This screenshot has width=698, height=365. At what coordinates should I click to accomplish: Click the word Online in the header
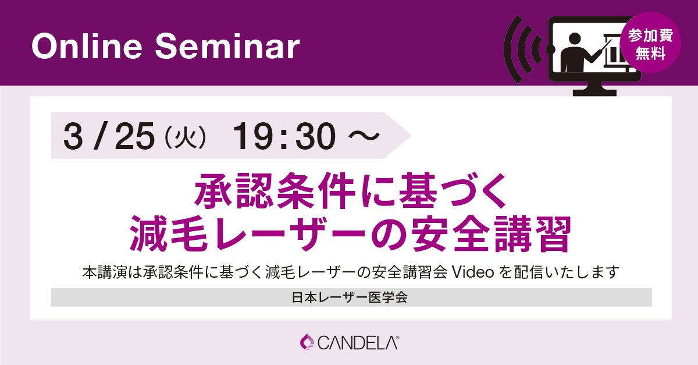[87, 47]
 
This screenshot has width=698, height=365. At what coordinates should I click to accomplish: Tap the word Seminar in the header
[227, 47]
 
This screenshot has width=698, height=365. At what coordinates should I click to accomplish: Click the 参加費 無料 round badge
[650, 42]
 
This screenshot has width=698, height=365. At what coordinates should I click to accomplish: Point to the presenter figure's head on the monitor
[575, 40]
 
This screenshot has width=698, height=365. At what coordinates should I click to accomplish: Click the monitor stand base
[594, 93]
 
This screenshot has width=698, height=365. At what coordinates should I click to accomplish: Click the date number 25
[134, 136]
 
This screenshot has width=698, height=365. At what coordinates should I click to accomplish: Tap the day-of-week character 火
[186, 137]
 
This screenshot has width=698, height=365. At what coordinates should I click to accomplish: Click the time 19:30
[284, 136]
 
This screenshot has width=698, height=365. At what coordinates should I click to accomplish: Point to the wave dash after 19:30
[364, 136]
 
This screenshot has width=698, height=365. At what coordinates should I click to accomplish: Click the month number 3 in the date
[73, 136]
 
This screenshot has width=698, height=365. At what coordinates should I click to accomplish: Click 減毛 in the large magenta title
[169, 233]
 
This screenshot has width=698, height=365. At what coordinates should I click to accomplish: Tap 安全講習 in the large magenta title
[492, 233]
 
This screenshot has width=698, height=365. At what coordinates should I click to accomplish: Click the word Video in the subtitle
[473, 272]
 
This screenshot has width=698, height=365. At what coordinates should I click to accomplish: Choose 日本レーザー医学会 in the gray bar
[350, 297]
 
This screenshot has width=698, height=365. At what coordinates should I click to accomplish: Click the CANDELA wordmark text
[358, 343]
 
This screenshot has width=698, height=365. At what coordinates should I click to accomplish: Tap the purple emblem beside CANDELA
[307, 342]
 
